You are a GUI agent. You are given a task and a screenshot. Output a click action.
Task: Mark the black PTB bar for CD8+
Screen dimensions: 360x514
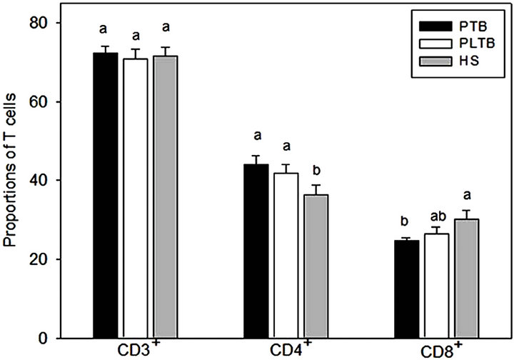[x=407, y=289]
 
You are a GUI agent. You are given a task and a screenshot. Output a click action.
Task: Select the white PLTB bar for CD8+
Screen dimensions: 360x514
[x=437, y=286]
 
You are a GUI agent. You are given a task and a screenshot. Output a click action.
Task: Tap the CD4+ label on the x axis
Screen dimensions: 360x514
[x=288, y=351]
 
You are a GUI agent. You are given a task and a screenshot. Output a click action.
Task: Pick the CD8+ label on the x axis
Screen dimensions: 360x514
[x=439, y=351]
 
